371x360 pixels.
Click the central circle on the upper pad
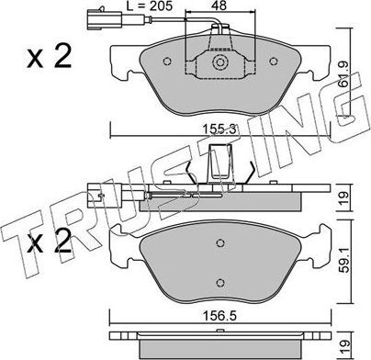click(x=220, y=63)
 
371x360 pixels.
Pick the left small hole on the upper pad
click(x=165, y=63)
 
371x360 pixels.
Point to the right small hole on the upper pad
click(x=276, y=63)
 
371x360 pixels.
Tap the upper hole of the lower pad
click(x=220, y=243)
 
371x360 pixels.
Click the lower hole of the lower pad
click(x=220, y=282)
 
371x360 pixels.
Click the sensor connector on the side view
click(x=92, y=195)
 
